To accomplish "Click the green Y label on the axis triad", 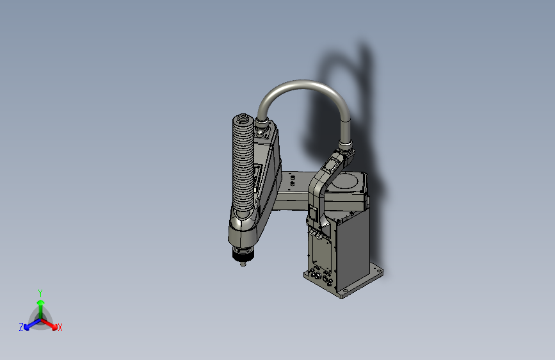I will [x=40, y=292].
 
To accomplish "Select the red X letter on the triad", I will [x=60, y=328].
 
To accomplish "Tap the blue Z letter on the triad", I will [x=21, y=327].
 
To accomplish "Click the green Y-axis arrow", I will [x=40, y=304].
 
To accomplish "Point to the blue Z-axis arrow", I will [x=29, y=324].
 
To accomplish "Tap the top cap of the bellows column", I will [x=243, y=119].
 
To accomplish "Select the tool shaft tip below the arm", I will [x=243, y=263].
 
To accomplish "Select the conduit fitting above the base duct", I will [x=346, y=152].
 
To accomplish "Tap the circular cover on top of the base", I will [x=348, y=182].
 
